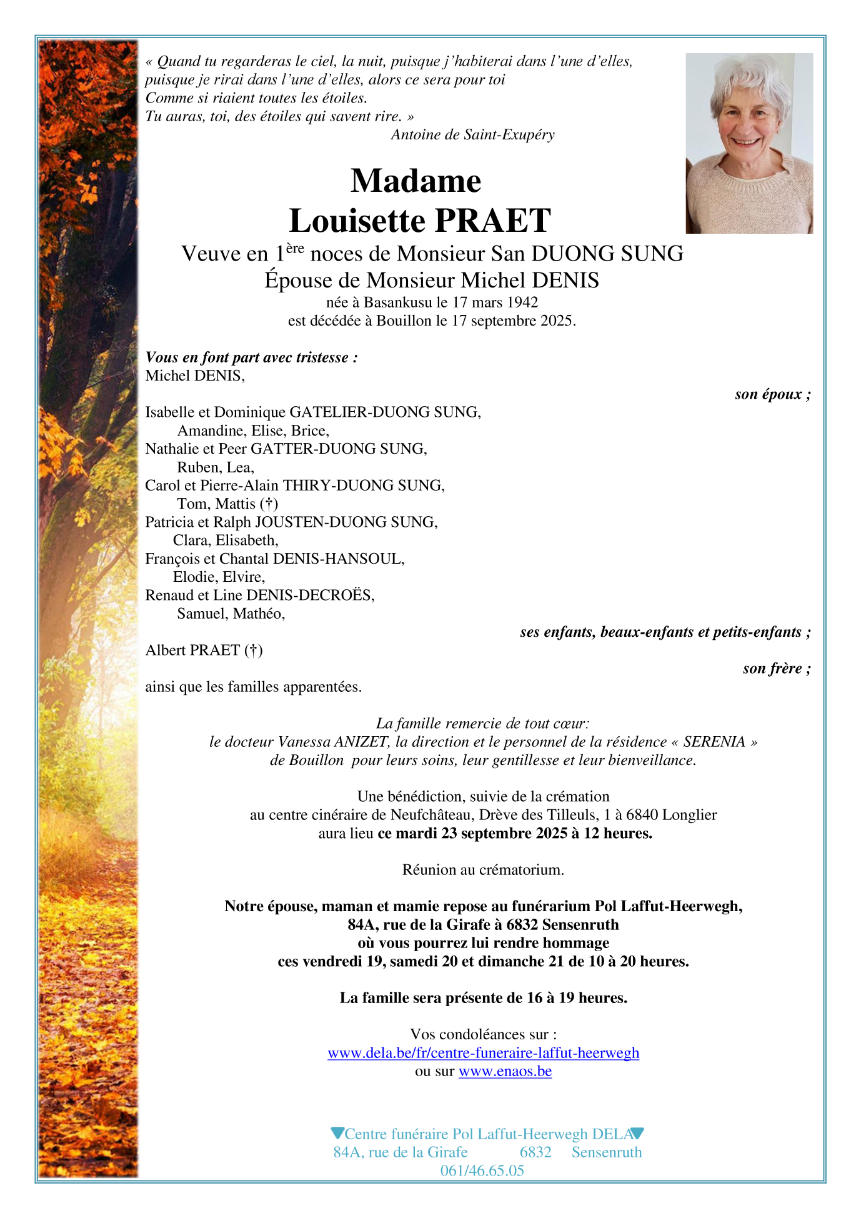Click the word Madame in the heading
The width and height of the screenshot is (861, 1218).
(416, 181)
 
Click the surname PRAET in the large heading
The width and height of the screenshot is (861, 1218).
(492, 221)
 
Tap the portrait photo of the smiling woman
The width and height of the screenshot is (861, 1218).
(749, 143)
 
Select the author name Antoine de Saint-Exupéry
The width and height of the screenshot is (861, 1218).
(472, 134)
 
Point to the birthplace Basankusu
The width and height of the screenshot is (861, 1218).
(397, 302)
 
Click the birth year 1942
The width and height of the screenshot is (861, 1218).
(522, 302)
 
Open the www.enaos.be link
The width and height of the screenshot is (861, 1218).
(505, 1071)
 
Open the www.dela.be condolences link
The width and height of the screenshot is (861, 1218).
(483, 1053)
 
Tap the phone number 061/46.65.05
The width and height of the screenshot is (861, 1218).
(482, 1171)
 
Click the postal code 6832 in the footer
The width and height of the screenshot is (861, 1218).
(535, 1152)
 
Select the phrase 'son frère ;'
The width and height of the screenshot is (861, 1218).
(776, 669)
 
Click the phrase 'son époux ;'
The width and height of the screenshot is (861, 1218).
(772, 394)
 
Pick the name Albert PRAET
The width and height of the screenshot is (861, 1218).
(192, 651)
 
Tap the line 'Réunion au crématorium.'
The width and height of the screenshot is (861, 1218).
(483, 870)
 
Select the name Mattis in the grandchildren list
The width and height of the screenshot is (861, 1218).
(235, 504)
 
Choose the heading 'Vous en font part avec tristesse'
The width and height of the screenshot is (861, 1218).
(251, 357)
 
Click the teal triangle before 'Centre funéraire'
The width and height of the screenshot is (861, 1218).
(337, 1133)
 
